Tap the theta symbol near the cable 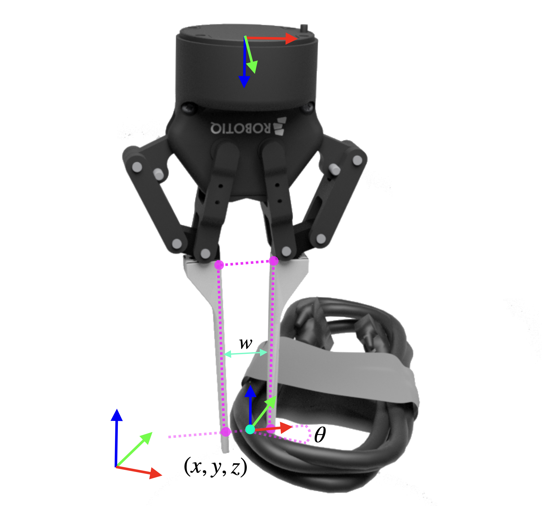(320, 435)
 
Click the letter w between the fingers (246, 343)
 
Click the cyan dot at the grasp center (250, 429)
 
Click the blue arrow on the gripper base (244, 62)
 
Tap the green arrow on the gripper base (251, 55)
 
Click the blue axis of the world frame (117, 438)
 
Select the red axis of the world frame (138, 471)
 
